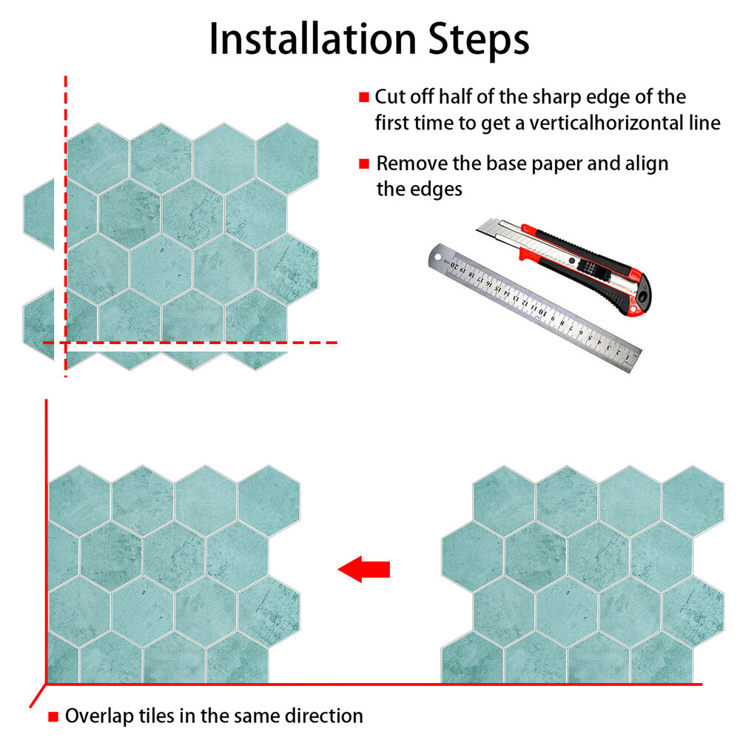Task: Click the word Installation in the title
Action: pos(312,39)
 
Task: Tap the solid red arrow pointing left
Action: pos(364,569)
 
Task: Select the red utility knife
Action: pos(564,265)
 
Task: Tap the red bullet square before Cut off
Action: pos(364,97)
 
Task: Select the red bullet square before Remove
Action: pos(364,164)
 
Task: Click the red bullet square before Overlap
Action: pos(53,717)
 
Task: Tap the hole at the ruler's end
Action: pos(438,258)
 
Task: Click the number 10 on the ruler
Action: pos(542,311)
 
